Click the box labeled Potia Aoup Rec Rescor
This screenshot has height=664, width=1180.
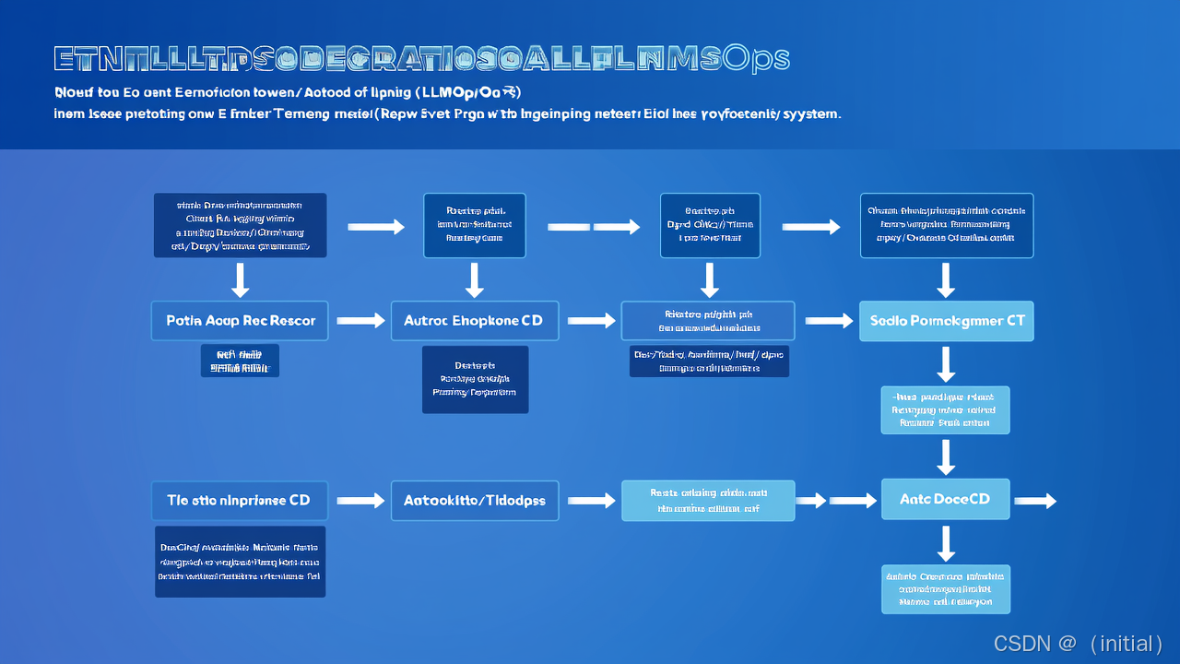[240, 321]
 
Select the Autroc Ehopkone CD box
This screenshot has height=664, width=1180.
[474, 321]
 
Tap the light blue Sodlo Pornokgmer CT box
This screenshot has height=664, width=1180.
[947, 322]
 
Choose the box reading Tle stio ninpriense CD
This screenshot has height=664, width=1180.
[240, 500]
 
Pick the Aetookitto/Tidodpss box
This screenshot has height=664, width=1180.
[474, 500]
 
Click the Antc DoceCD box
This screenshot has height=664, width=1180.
[945, 499]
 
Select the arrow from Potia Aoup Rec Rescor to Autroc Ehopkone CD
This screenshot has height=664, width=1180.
[360, 321]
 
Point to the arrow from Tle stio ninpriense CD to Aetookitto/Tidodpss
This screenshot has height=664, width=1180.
[360, 500]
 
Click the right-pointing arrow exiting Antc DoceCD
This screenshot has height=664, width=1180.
[1034, 501]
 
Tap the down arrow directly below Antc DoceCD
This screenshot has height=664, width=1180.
[946, 543]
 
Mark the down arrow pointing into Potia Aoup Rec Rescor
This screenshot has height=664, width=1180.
[240, 279]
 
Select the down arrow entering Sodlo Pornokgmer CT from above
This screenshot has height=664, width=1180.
[946, 279]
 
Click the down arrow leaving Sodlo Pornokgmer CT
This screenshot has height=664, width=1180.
[946, 364]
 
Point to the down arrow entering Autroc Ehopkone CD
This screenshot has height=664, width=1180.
[474, 279]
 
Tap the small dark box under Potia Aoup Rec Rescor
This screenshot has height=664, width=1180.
[240, 361]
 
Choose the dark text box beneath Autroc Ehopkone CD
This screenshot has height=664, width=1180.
[475, 379]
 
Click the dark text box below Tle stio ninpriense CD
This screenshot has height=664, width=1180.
[240, 562]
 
